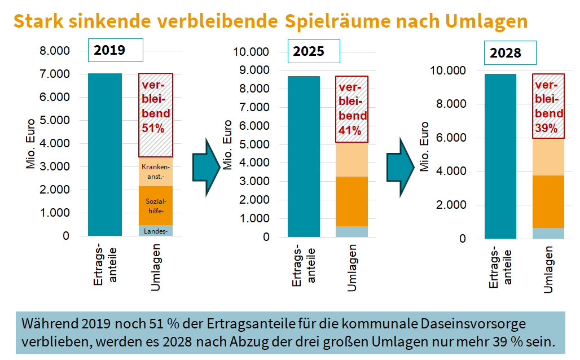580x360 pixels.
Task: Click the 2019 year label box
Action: [116, 50]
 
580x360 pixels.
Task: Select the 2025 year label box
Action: [314, 51]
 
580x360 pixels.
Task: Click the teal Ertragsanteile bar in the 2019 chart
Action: [105, 155]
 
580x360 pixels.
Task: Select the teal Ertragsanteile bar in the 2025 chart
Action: [304, 156]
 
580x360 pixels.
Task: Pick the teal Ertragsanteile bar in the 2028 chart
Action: [500, 156]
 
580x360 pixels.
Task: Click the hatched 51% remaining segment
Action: [156, 115]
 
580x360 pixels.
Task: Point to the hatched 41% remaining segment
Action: [352, 109]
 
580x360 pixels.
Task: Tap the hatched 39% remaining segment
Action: [548, 106]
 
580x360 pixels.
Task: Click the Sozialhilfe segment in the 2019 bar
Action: [156, 206]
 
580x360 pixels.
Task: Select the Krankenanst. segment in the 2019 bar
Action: [156, 172]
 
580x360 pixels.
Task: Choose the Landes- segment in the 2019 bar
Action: [156, 231]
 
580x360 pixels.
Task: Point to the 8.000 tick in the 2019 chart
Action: [54, 51]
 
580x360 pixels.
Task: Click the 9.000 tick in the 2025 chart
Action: [252, 71]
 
